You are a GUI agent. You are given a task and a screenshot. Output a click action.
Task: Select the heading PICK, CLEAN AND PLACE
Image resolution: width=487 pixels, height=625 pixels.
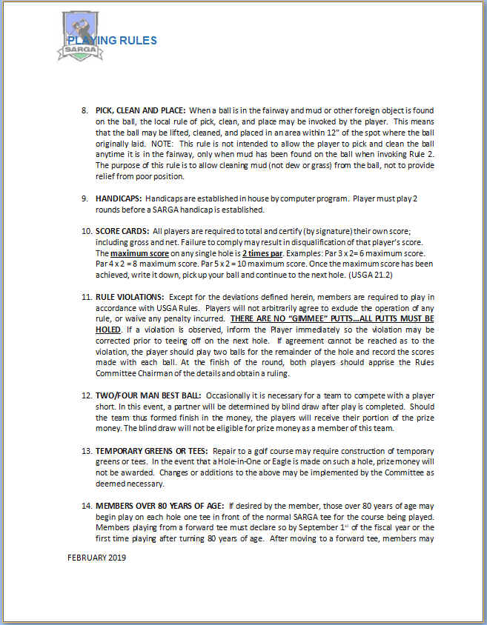pyautogui.click(x=140, y=110)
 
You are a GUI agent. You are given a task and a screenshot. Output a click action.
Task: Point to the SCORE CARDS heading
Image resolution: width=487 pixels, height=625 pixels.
pyautogui.click(x=122, y=232)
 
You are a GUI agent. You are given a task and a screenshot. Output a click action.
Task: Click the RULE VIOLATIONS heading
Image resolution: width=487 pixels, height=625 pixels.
pyautogui.click(x=130, y=297)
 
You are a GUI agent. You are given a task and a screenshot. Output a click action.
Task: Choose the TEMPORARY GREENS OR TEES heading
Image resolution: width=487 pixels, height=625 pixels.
pyautogui.click(x=152, y=450)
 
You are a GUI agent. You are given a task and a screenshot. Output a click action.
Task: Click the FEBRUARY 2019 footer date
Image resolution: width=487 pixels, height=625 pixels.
pyautogui.click(x=96, y=558)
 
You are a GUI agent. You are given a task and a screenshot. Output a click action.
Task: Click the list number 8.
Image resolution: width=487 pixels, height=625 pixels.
pyautogui.click(x=84, y=110)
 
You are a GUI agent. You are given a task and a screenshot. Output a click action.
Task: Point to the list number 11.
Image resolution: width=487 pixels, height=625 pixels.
pyautogui.click(x=85, y=297)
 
